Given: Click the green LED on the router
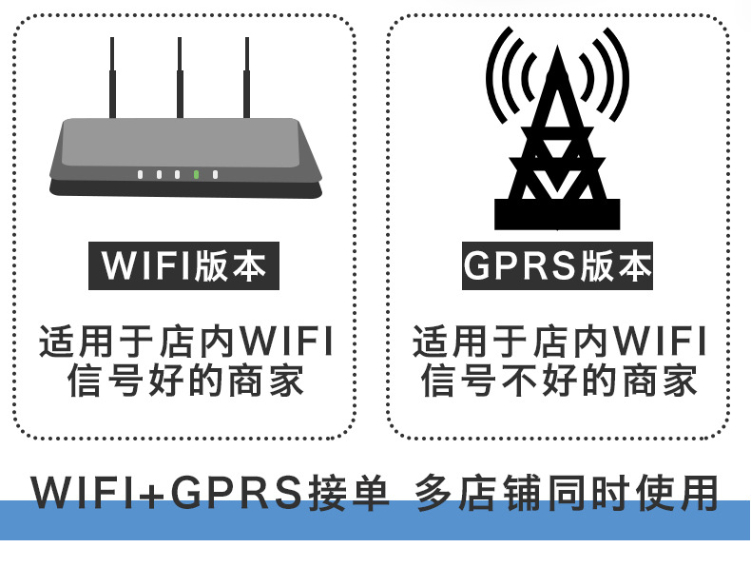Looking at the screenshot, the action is tap(196, 174).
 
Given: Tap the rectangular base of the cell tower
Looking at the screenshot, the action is tap(557, 215).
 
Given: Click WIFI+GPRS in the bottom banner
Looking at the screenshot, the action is tap(167, 492).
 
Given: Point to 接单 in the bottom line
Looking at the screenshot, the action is tap(349, 492).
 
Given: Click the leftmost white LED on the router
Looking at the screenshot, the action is tap(140, 174).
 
